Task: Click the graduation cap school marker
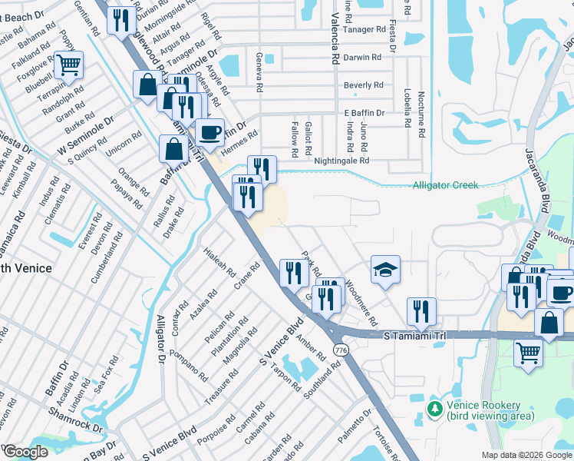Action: coord(385,270)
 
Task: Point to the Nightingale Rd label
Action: coord(342,161)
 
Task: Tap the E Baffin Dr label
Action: coord(364,113)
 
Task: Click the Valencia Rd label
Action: coord(335,38)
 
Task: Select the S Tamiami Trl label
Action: coord(415,335)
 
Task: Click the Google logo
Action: coord(25,452)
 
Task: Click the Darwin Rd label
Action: coord(363,58)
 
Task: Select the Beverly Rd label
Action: coord(363,85)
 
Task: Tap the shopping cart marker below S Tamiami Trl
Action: coord(529,354)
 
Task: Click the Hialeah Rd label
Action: coord(219,264)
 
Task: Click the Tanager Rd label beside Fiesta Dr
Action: coord(365,30)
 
